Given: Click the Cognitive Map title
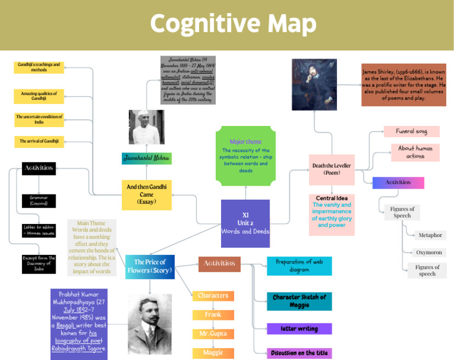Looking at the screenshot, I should point(233,24).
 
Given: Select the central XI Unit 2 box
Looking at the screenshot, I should point(245,223).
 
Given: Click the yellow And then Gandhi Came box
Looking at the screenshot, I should point(147,194).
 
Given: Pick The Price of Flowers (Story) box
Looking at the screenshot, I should point(150,266).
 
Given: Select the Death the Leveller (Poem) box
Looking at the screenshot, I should point(332,169).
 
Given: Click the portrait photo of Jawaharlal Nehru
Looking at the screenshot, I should point(147,127).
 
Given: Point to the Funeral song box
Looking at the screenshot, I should point(412,131).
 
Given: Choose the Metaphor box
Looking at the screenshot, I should point(430,235).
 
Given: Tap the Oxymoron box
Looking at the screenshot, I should point(429,252).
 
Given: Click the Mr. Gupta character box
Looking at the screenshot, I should point(213,334).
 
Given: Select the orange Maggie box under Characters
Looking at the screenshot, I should point(213,353).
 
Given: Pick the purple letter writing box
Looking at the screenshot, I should point(299,329).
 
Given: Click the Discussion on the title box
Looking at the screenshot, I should point(299,353).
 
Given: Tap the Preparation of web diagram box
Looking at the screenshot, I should point(299,265).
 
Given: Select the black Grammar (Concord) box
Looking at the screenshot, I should point(39,200).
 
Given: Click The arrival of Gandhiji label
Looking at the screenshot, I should point(39,141).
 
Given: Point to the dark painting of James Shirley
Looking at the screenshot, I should point(314,84).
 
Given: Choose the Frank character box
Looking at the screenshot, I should point(213,314).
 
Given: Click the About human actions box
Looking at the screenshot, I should point(415,153).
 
